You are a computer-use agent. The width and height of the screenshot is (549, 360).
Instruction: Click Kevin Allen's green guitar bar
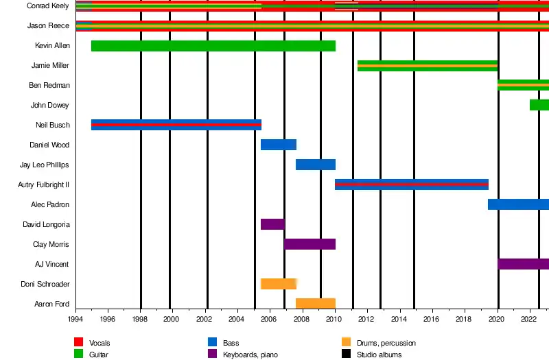pyautogui.click(x=213, y=46)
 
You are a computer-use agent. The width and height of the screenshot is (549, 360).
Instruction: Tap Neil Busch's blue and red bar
pyautogui.click(x=176, y=125)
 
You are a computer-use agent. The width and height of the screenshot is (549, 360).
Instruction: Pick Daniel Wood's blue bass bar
pyautogui.click(x=278, y=145)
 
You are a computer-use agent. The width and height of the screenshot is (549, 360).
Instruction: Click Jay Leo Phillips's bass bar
pyautogui.click(x=315, y=165)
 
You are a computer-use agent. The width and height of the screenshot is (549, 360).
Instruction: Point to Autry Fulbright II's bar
pyautogui.click(x=411, y=184)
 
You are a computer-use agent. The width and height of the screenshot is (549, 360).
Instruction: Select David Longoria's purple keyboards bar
pyautogui.click(x=272, y=224)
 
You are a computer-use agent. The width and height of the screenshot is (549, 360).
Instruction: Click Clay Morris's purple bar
pyautogui.click(x=309, y=244)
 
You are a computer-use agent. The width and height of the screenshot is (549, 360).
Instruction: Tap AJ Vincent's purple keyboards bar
pyautogui.click(x=523, y=264)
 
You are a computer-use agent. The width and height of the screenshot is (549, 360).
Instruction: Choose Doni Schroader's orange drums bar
pyautogui.click(x=278, y=284)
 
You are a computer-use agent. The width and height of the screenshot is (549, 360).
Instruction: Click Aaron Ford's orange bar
pyautogui.click(x=315, y=304)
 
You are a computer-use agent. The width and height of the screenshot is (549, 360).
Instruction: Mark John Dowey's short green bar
pyautogui.click(x=539, y=105)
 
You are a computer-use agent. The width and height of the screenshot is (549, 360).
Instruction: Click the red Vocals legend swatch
pyautogui.click(x=79, y=342)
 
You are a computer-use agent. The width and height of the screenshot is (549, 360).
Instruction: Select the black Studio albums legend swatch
pyautogui.click(x=346, y=355)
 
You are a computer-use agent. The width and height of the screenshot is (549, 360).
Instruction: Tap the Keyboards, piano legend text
pyautogui.click(x=252, y=355)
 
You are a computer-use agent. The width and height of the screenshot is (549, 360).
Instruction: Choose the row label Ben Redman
pyautogui.click(x=49, y=86)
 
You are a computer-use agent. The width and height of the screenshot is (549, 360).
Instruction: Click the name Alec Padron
pyautogui.click(x=49, y=205)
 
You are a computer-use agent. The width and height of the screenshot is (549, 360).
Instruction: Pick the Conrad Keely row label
pyautogui.click(x=47, y=6)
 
